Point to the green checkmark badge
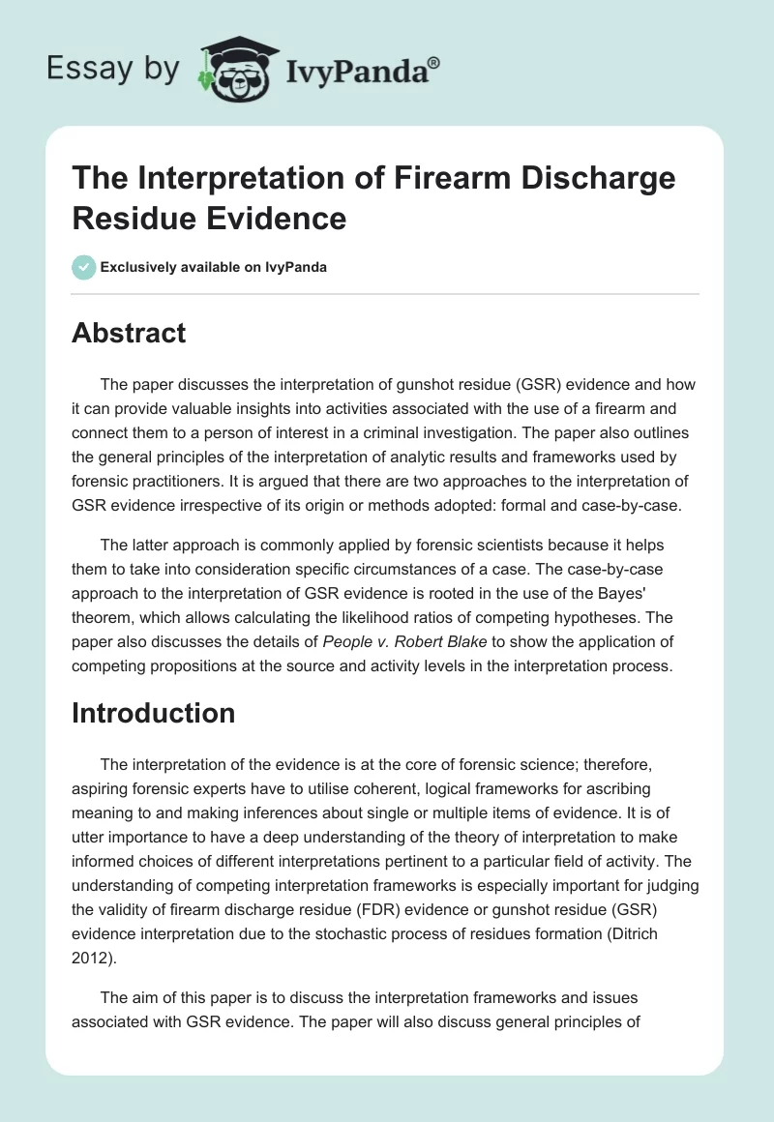click(x=84, y=267)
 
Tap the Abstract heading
click(x=129, y=334)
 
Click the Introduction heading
click(x=154, y=713)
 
